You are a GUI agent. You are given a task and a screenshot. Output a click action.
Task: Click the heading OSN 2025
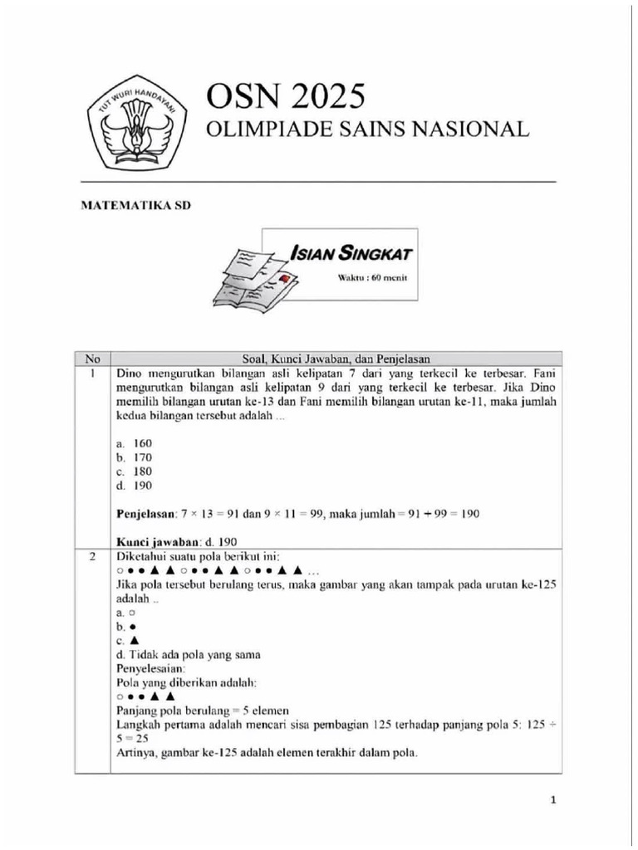coord(286,97)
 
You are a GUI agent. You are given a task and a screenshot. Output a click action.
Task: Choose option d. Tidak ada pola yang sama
coord(189,654)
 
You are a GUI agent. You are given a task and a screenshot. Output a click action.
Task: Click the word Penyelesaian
coord(150,668)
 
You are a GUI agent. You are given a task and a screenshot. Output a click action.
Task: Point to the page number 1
coord(552,800)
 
